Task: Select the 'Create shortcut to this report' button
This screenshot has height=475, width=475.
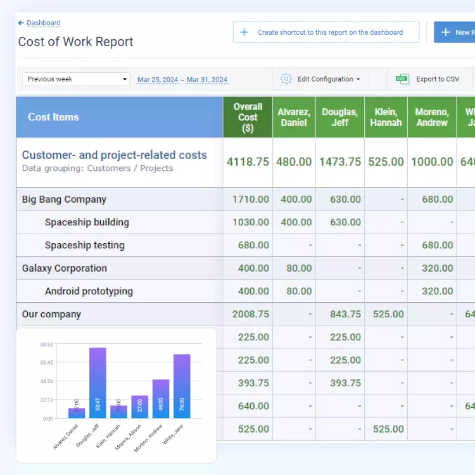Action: [x=326, y=32]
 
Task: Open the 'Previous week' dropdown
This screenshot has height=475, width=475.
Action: [x=76, y=79]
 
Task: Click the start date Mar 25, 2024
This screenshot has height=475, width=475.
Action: [x=158, y=80]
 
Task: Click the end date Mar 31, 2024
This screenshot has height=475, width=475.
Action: [x=206, y=80]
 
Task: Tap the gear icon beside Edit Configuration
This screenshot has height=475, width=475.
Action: [x=286, y=79]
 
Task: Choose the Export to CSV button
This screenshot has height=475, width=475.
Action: [x=427, y=79]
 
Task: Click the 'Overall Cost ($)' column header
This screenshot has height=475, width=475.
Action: [x=248, y=117]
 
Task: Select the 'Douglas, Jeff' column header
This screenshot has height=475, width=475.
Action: [x=340, y=117]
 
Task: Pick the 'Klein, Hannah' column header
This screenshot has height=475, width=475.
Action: [x=386, y=117]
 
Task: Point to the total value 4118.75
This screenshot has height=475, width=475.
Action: [x=248, y=161]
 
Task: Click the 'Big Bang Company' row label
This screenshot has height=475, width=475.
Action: [x=64, y=199]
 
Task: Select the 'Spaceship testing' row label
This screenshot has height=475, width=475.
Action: [x=84, y=245]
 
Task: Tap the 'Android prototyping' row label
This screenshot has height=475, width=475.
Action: [x=89, y=291]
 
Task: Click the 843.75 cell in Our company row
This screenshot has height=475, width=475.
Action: [x=345, y=314]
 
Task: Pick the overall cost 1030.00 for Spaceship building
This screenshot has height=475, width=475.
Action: [x=250, y=222]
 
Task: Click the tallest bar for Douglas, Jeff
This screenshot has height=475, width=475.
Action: [x=98, y=383]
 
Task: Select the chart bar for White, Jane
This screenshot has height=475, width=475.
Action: [x=182, y=386]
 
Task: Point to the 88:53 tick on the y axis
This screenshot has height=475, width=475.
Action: [x=46, y=345]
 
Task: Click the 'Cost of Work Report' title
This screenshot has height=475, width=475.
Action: [x=75, y=42]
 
